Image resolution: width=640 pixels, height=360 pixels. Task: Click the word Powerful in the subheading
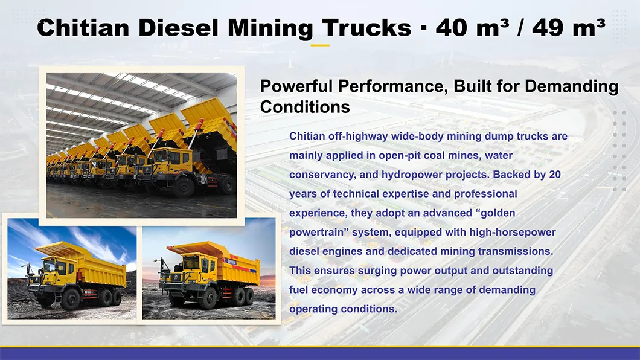point(296,86)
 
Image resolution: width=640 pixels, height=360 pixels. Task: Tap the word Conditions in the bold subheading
point(305,107)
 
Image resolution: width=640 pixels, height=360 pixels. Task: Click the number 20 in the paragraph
point(555,175)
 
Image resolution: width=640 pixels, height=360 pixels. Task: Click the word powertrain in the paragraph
point(318,233)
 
